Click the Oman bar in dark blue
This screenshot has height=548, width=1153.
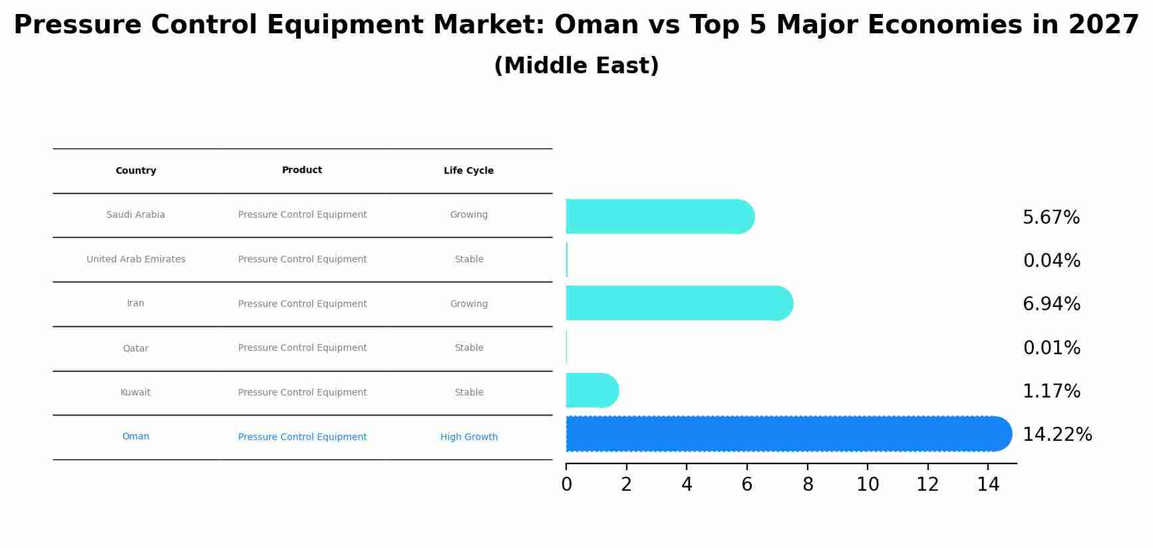tap(788, 434)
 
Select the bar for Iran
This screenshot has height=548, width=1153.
tap(679, 304)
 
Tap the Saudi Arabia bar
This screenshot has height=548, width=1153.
tap(659, 217)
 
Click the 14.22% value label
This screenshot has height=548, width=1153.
tap(1057, 435)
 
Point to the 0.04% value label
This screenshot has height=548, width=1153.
tap(1051, 261)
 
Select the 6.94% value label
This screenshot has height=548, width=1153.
tap(1051, 304)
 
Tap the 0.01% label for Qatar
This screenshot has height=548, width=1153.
tap(1051, 348)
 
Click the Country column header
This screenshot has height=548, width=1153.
tap(136, 171)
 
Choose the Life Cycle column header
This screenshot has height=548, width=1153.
tap(468, 171)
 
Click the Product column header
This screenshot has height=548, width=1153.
tap(302, 170)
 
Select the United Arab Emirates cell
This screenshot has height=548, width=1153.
tap(136, 260)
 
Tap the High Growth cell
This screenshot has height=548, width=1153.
tap(468, 437)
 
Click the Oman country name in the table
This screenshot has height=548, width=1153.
tap(136, 437)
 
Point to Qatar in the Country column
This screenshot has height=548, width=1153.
tap(136, 348)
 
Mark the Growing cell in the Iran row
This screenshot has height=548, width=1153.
tap(468, 304)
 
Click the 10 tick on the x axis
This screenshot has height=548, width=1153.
tap(868, 485)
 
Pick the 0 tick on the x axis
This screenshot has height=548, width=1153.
tap(566, 485)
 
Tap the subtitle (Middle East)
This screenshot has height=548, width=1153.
tap(576, 66)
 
